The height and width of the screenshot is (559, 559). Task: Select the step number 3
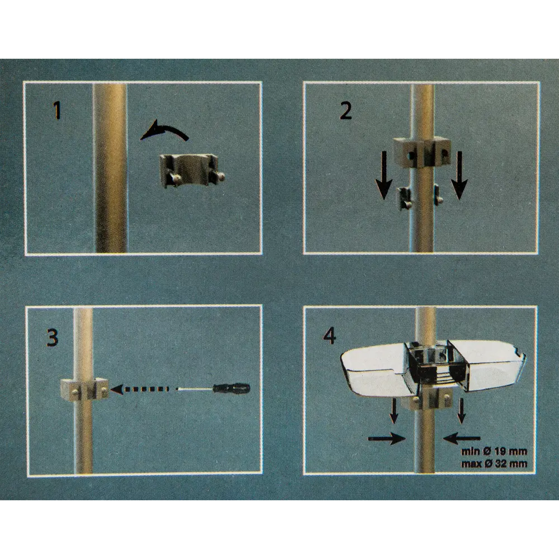pos(53,338)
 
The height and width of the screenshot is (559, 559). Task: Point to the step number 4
pos(329,336)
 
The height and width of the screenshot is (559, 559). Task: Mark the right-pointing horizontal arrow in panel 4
pos(387,439)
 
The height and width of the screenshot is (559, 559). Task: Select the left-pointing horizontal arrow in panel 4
pos(462,439)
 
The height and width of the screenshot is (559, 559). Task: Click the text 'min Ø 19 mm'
pos(494,452)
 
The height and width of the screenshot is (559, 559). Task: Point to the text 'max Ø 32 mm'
pos(494,464)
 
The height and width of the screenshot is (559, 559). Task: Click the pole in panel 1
pos(111,168)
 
